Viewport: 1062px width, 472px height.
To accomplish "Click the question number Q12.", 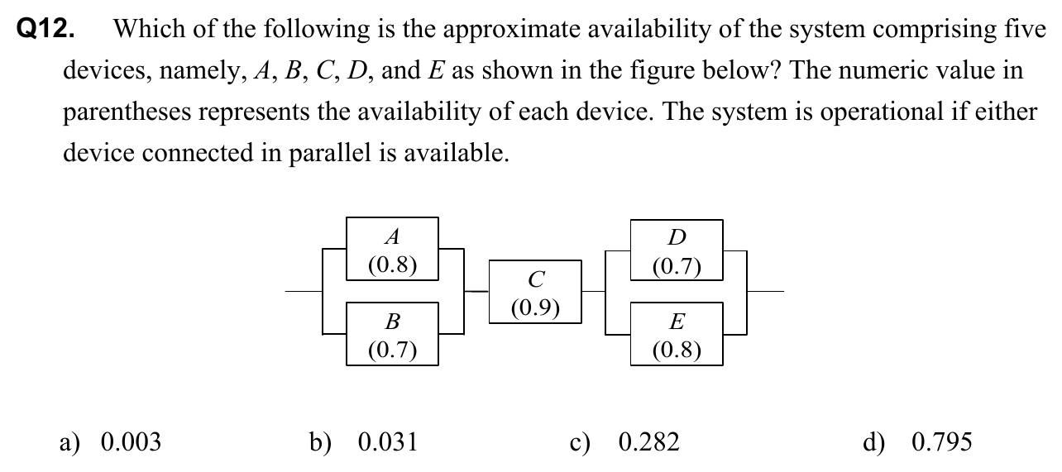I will click(x=46, y=30).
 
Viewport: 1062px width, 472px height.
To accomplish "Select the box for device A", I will click(x=392, y=250).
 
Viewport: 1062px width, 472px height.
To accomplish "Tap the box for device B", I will click(x=392, y=334).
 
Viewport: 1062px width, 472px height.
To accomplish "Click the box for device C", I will click(x=535, y=293).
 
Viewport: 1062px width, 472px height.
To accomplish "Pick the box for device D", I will click(x=676, y=250).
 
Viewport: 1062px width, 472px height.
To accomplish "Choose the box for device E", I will click(x=676, y=334).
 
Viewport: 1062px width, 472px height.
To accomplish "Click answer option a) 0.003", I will click(x=111, y=443).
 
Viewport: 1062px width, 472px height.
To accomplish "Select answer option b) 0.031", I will click(x=364, y=443).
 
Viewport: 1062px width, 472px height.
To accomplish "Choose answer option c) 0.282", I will click(x=624, y=443).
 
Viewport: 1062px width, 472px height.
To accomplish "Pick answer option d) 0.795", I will click(x=917, y=443).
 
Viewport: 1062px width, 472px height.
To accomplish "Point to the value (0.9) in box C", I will click(x=535, y=308).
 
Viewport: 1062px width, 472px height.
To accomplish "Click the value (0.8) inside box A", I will click(x=392, y=265).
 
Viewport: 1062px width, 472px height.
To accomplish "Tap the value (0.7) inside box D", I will click(x=676, y=266).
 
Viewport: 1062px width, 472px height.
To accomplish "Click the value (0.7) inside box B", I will click(x=392, y=349).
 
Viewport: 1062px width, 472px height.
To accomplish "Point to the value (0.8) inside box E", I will click(x=676, y=350).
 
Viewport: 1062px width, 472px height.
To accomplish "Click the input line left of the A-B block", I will click(x=304, y=291).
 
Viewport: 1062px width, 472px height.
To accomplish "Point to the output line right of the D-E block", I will click(x=766, y=291).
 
